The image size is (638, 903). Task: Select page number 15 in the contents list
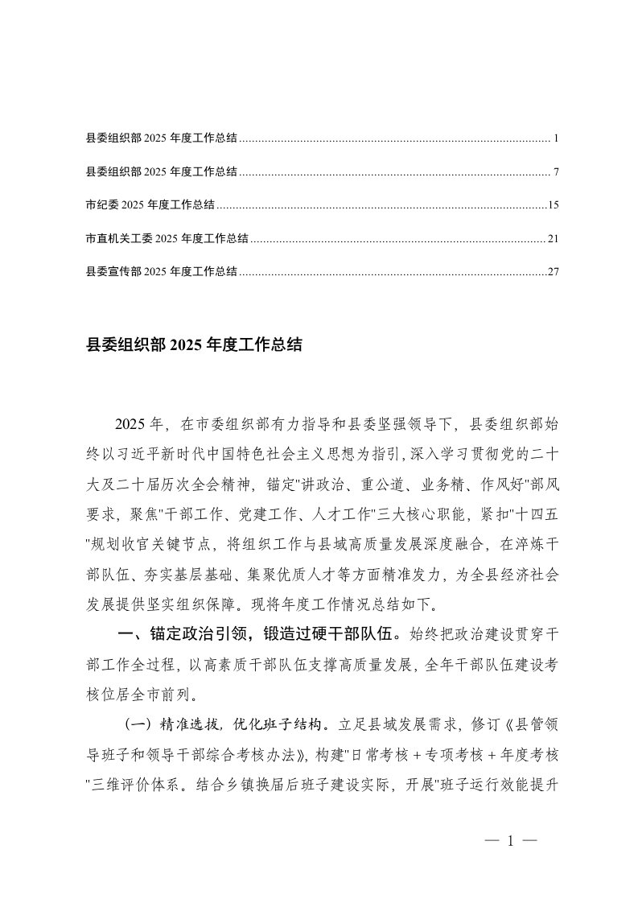pyautogui.click(x=553, y=205)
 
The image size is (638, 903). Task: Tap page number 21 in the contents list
pyautogui.click(x=553, y=238)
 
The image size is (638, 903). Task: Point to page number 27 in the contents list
pyautogui.click(x=553, y=272)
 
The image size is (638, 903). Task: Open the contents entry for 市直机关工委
pyautogui.click(x=167, y=238)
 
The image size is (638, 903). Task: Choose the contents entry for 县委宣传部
pyautogui.click(x=161, y=272)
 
